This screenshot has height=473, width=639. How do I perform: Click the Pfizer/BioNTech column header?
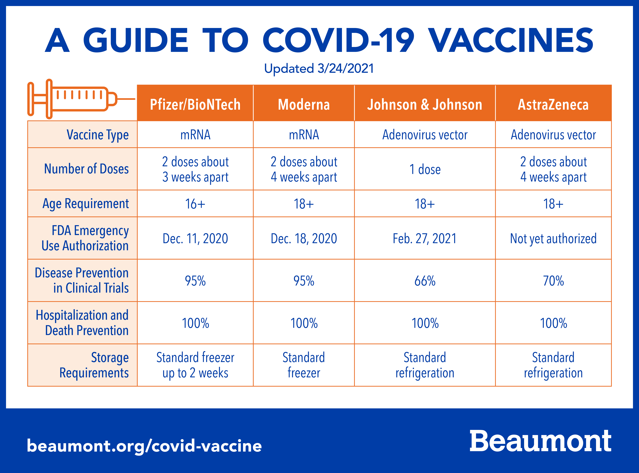point(195,105)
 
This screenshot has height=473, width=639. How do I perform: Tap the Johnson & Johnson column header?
point(425,105)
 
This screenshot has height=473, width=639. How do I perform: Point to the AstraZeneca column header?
point(553,105)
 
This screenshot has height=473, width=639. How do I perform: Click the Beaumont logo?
point(540,441)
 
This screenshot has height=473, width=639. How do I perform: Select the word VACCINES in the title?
point(512,40)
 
